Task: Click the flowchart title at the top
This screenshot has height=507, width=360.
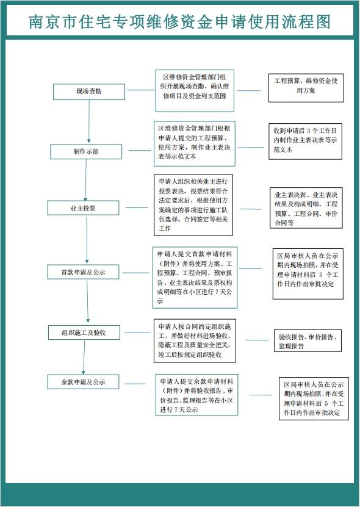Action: [180, 22]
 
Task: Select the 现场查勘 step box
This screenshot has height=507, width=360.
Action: [89, 92]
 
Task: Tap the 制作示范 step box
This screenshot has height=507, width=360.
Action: [86, 152]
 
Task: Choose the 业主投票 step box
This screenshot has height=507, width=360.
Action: [83, 208]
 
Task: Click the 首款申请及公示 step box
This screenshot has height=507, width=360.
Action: [83, 272]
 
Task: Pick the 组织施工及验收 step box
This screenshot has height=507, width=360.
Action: [84, 333]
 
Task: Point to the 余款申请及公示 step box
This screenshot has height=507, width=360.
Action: [83, 382]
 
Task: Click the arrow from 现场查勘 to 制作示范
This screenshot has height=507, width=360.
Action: [89, 121]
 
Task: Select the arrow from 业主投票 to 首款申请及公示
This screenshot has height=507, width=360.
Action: [87, 240]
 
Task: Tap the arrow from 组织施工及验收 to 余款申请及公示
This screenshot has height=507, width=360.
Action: [84, 358]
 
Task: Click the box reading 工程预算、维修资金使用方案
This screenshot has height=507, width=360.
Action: [306, 88]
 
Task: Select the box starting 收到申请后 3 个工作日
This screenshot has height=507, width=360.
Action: [305, 142]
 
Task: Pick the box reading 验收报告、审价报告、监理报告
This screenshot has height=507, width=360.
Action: [308, 340]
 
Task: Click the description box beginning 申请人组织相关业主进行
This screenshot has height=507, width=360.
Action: [193, 205]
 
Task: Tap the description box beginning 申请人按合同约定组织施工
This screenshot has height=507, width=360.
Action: [195, 340]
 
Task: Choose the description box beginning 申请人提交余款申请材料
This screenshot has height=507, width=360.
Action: [196, 395]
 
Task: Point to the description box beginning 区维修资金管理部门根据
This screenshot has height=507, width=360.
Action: [195, 143]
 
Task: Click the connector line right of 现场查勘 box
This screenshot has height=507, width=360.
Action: [141, 90]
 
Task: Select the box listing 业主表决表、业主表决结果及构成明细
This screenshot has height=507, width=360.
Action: [306, 208]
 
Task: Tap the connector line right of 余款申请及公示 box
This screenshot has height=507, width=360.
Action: [135, 384]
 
